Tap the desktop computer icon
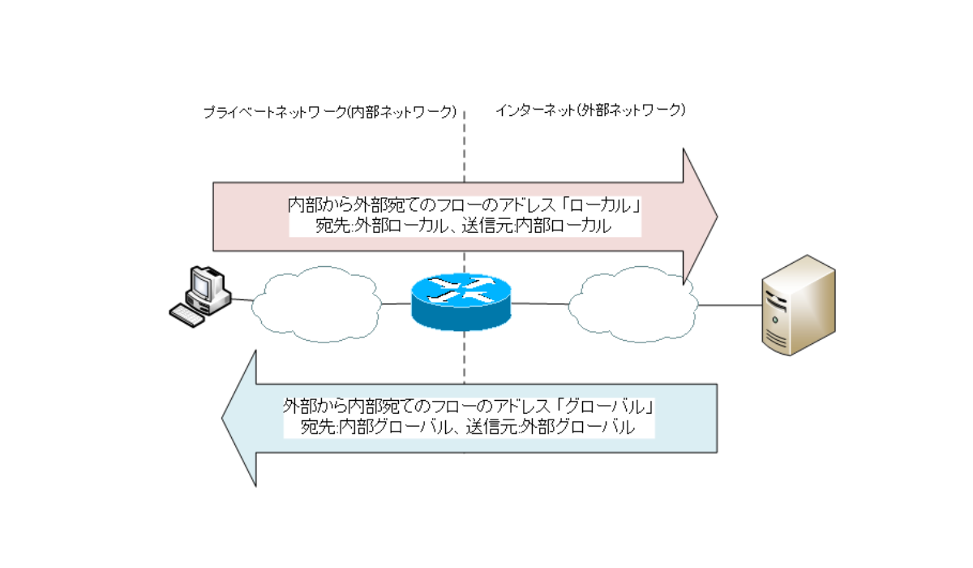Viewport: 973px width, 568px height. point(200,295)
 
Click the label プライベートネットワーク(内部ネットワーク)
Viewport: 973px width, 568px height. point(330,111)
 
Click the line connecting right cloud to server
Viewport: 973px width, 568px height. point(730,306)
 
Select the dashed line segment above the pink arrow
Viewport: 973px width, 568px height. point(464,146)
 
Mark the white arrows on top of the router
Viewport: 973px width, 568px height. point(462,289)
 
